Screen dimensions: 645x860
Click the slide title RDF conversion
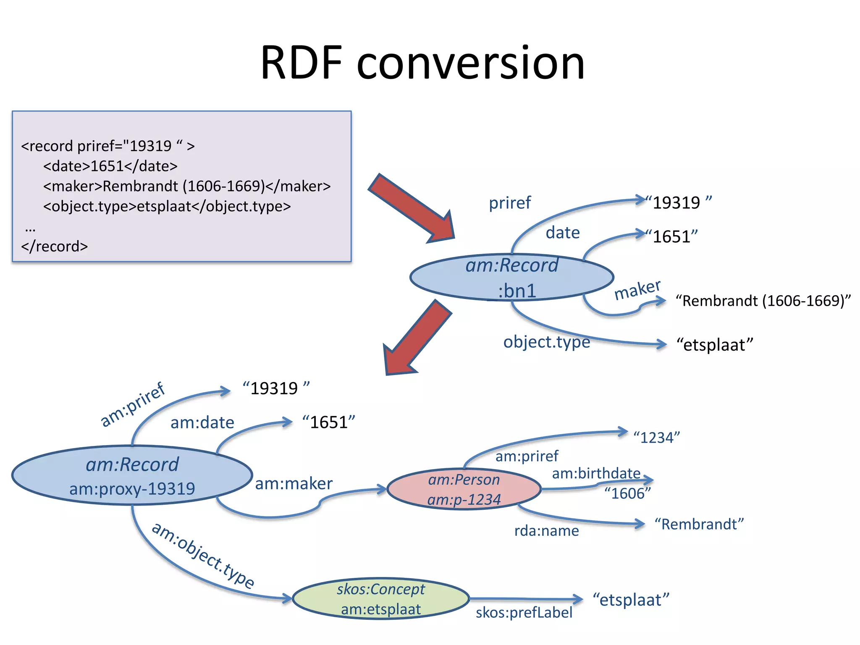pyautogui.click(x=422, y=63)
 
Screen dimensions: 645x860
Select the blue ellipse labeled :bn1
pyautogui.click(x=511, y=278)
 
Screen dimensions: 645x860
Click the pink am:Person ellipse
pyautogui.click(x=464, y=490)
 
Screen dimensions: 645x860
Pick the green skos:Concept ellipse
pyautogui.click(x=380, y=599)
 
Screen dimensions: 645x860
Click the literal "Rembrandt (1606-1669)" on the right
pyautogui.click(x=763, y=301)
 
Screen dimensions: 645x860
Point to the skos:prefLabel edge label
pyautogui.click(x=524, y=613)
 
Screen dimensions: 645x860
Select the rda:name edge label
pyautogui.click(x=546, y=531)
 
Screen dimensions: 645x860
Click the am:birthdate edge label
pyautogui.click(x=596, y=473)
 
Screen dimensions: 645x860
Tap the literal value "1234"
pyautogui.click(x=656, y=438)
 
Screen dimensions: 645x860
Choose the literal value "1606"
pyautogui.click(x=627, y=493)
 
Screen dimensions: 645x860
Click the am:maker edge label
pyautogui.click(x=294, y=484)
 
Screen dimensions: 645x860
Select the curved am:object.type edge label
pyautogui.click(x=203, y=555)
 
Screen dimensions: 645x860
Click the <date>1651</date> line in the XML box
pyautogui.click(x=110, y=166)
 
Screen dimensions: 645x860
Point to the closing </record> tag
pyautogui.click(x=55, y=246)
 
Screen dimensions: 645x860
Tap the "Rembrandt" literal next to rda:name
pyautogui.click(x=699, y=524)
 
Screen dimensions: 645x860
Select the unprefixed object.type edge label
pyautogui.click(x=546, y=342)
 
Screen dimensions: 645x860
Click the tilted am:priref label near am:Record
pyautogui.click(x=133, y=404)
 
